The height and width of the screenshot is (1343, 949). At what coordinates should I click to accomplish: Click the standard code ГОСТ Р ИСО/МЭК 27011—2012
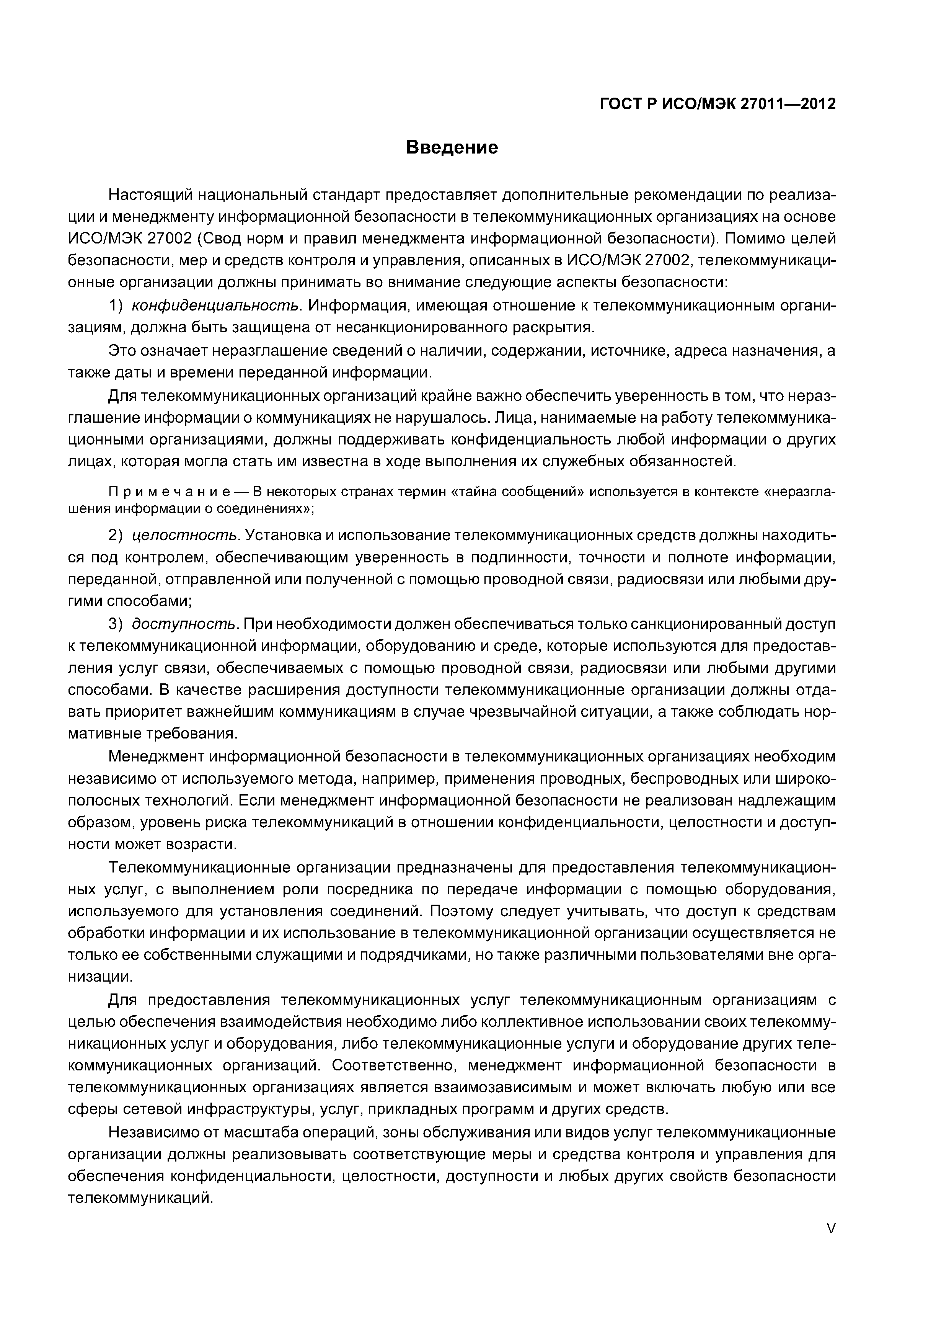pos(718,104)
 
